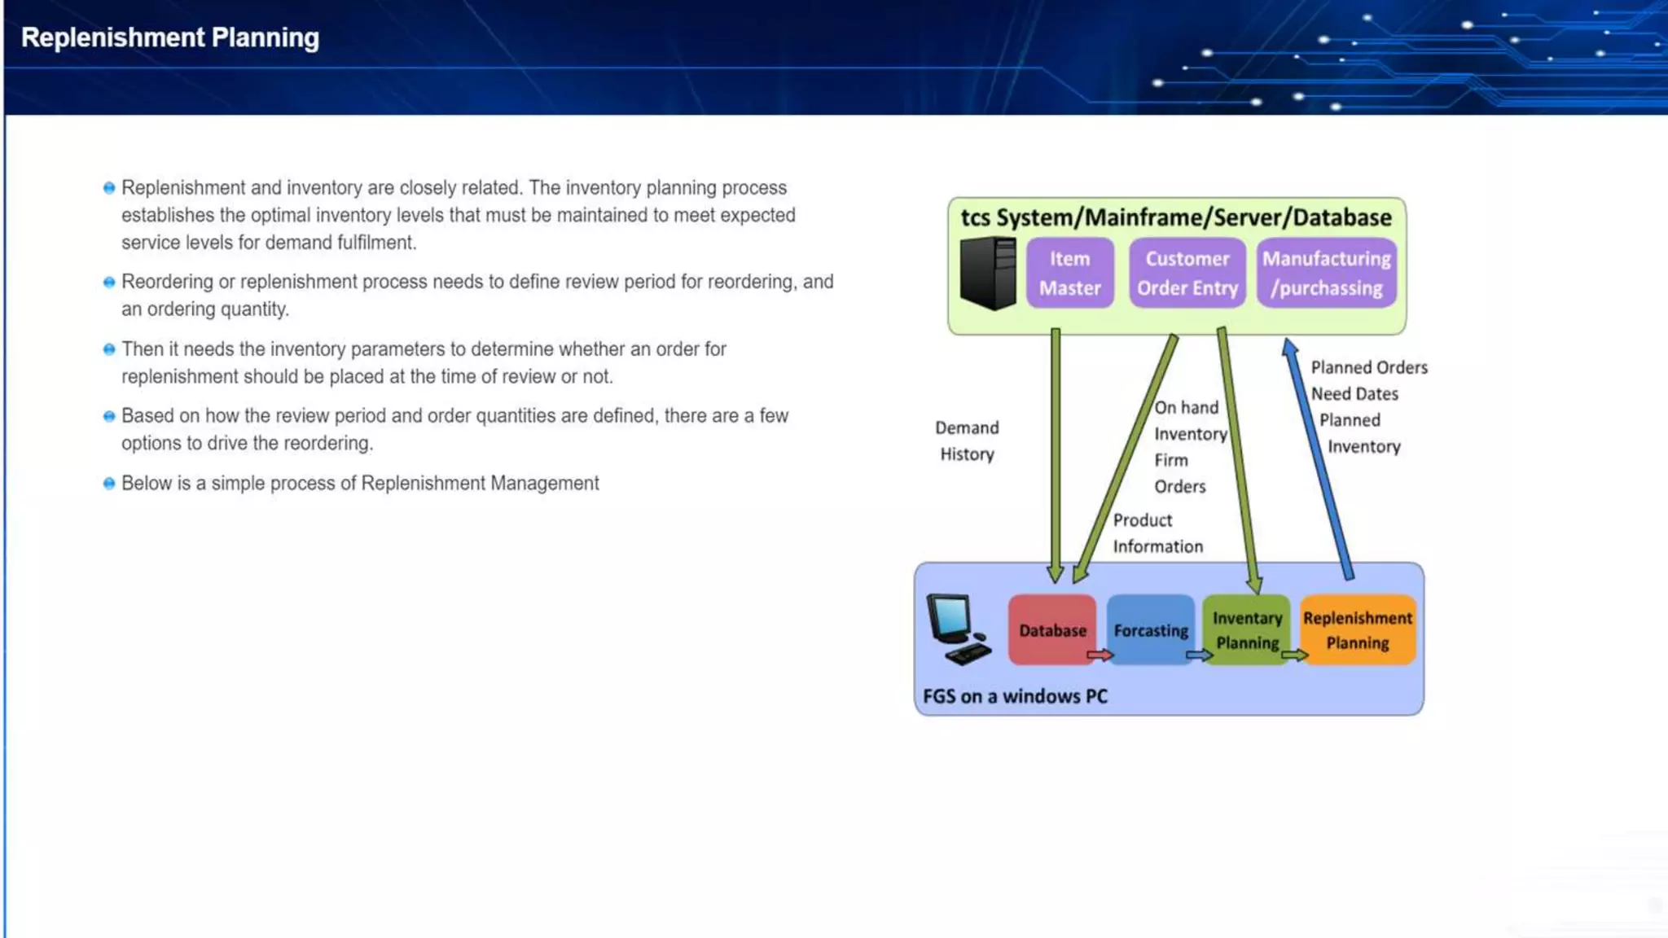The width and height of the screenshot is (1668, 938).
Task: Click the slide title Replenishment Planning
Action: (x=169, y=37)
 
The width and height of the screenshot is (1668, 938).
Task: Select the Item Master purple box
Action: (x=1069, y=273)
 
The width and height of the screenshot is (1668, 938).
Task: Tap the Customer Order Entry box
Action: (x=1187, y=273)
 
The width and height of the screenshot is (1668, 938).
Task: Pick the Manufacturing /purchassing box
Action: (x=1326, y=273)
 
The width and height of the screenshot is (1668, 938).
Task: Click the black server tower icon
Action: (x=988, y=273)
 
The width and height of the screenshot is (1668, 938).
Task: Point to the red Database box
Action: (x=1051, y=629)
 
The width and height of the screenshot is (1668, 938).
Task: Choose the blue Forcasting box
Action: (x=1150, y=629)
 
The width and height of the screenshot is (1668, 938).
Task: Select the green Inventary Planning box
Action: (x=1246, y=629)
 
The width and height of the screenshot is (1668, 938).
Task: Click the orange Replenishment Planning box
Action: (x=1357, y=629)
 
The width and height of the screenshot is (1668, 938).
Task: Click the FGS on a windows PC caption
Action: (x=1015, y=696)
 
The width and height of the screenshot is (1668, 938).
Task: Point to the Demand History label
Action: (x=967, y=441)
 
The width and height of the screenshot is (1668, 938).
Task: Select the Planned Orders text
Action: (x=1368, y=367)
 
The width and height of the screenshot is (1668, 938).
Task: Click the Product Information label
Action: (x=1157, y=533)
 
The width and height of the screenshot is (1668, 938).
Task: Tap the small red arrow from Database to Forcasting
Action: (x=1100, y=655)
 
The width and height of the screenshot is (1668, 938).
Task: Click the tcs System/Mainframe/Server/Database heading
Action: (x=1175, y=217)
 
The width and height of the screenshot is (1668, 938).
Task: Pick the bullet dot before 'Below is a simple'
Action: (x=109, y=484)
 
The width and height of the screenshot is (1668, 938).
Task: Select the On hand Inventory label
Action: (x=1189, y=420)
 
